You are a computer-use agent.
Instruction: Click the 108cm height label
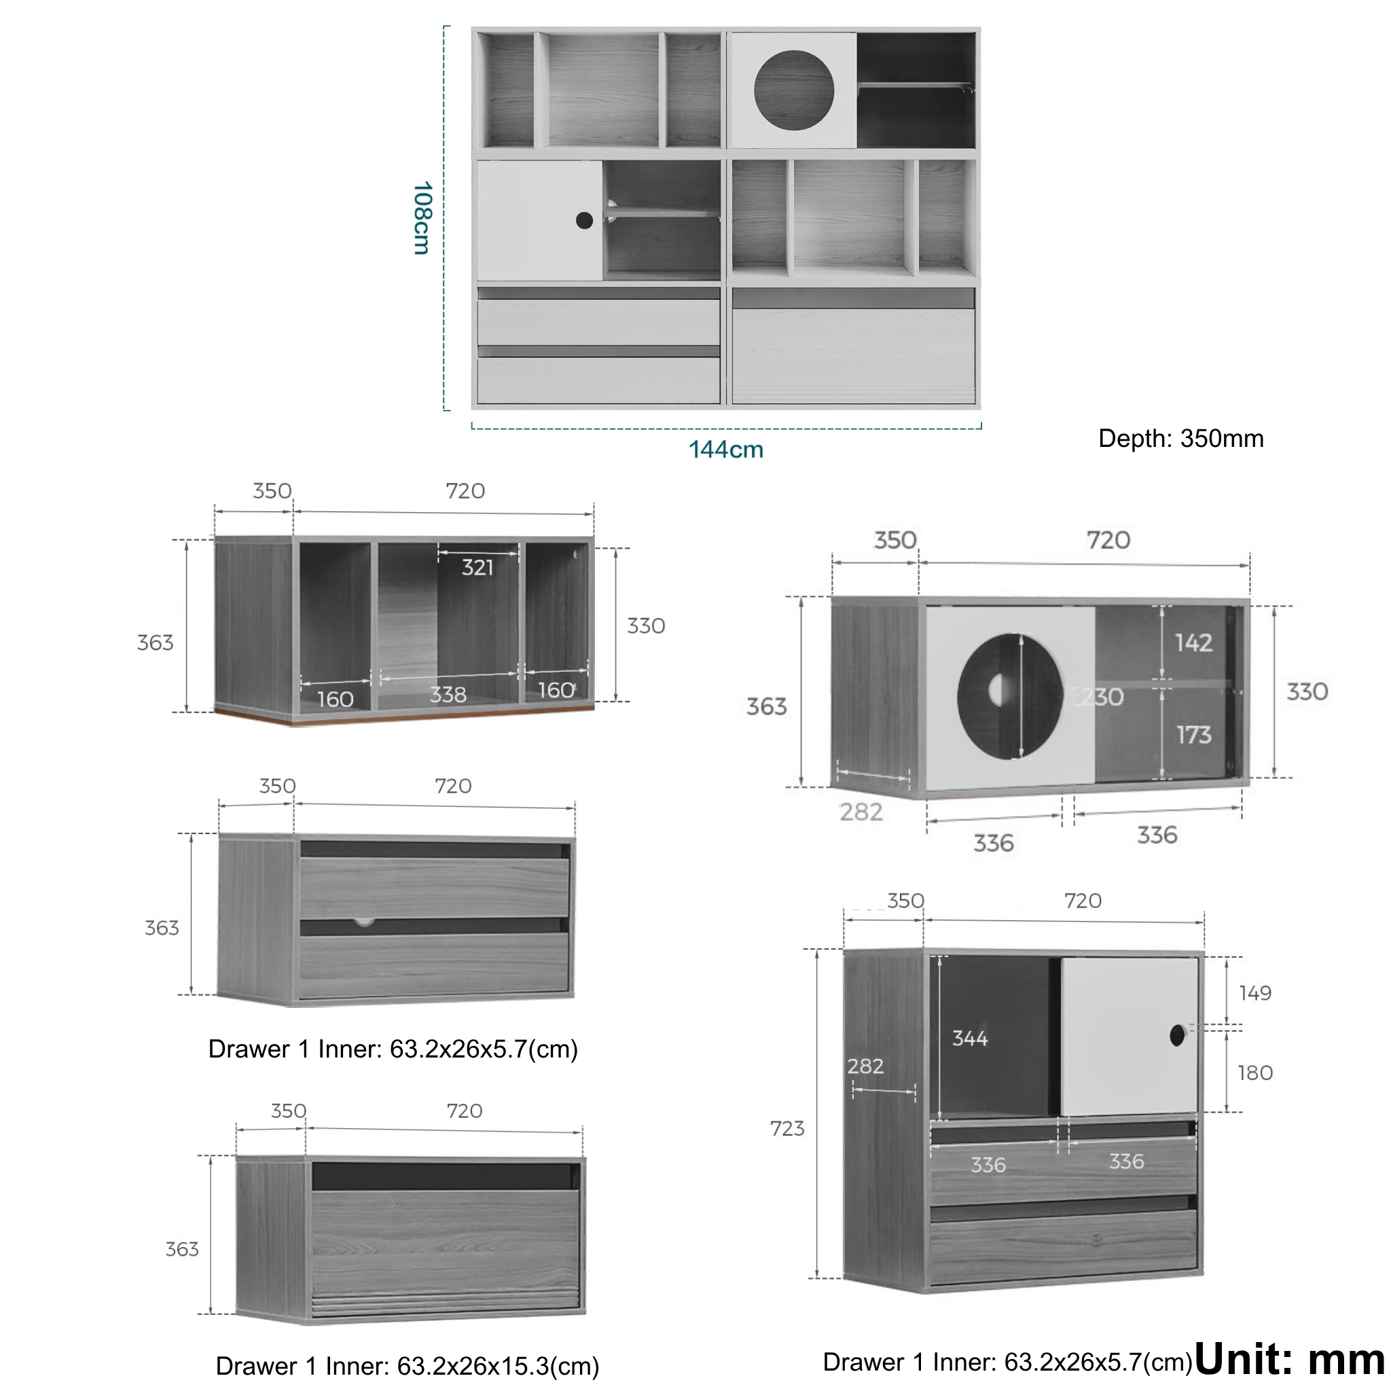(422, 218)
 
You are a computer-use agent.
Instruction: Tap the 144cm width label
(726, 449)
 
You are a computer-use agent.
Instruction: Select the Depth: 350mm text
(1180, 439)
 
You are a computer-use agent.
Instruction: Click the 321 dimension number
(477, 567)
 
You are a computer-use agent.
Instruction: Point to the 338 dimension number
(448, 695)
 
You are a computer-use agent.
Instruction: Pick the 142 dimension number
(1194, 643)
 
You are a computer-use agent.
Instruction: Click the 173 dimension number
(1194, 734)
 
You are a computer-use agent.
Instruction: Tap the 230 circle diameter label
(1100, 696)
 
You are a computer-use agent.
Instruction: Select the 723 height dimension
(787, 1128)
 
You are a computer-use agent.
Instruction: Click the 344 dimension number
(970, 1038)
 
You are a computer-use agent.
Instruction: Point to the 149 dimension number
(1255, 993)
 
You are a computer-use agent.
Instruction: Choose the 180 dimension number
(1255, 1072)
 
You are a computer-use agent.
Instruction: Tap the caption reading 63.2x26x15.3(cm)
(499, 1366)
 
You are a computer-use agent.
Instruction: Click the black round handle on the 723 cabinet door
(1177, 1036)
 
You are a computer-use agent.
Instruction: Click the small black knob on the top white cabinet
(585, 220)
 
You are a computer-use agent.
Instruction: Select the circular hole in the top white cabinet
(794, 91)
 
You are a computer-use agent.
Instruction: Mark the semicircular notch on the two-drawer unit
(363, 922)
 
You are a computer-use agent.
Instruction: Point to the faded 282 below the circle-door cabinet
(861, 812)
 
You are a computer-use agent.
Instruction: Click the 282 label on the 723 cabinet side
(865, 1066)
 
